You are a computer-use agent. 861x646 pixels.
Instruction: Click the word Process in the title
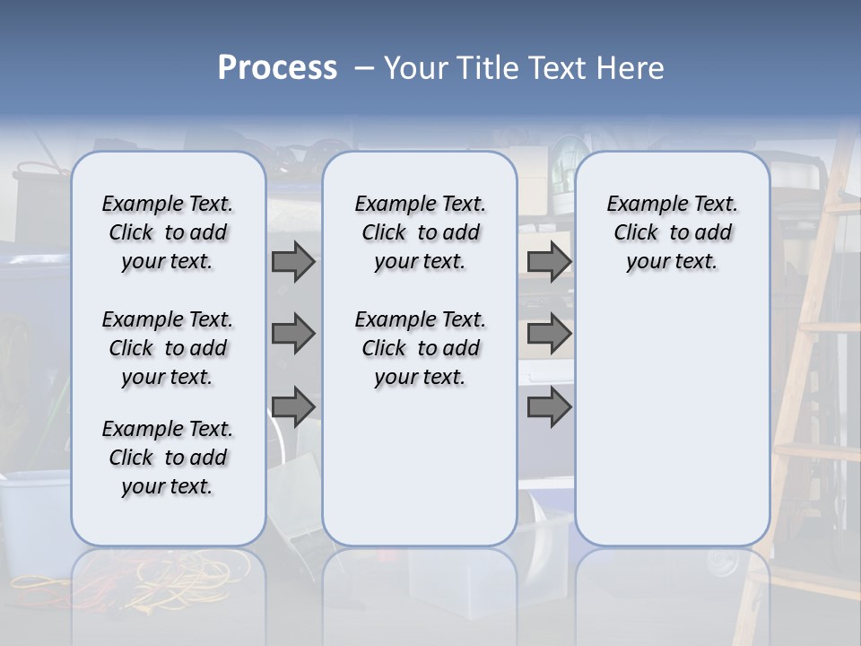click(x=277, y=68)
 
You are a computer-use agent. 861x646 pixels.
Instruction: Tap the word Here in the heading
click(x=631, y=68)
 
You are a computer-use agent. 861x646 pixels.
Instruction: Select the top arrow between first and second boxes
click(x=293, y=261)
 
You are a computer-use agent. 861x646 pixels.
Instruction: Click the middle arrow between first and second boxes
click(x=293, y=334)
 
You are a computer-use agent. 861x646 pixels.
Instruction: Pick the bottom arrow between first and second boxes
click(x=293, y=406)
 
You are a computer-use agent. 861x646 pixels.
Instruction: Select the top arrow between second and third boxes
click(x=549, y=261)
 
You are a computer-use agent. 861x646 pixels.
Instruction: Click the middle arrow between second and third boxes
click(x=549, y=334)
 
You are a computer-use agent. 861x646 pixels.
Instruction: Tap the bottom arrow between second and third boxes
click(x=549, y=406)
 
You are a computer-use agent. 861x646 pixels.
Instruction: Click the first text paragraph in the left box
click(x=168, y=232)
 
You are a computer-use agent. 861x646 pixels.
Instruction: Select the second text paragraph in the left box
click(x=168, y=348)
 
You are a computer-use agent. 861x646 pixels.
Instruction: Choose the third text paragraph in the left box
click(x=168, y=458)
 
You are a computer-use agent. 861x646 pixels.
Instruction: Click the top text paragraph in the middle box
click(x=420, y=232)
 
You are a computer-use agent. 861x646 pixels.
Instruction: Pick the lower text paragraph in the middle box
click(x=420, y=348)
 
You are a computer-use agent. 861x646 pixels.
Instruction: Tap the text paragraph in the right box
click(x=672, y=232)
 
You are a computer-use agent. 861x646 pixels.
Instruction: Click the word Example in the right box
click(x=639, y=204)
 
